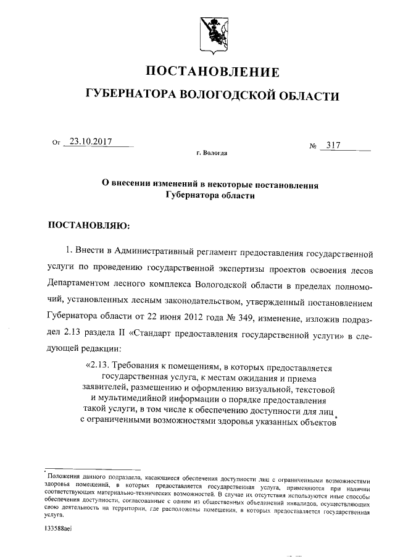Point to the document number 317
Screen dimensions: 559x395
(334, 145)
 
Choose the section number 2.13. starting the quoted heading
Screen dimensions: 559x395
(99, 367)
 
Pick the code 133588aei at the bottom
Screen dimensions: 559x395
(59, 529)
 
